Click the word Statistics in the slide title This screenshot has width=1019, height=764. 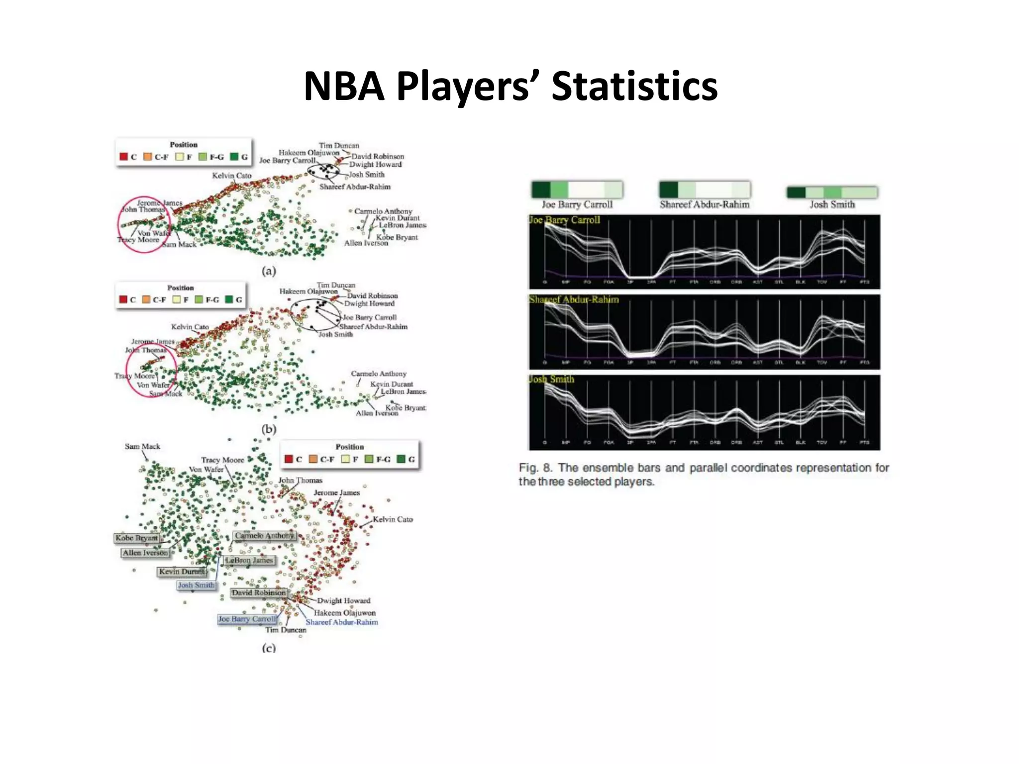coord(634,86)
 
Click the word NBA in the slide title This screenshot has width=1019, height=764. coord(344,86)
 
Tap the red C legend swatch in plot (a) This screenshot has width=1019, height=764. coord(123,157)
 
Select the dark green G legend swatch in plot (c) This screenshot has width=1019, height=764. coord(401,459)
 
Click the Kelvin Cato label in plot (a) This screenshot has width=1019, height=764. coord(231,176)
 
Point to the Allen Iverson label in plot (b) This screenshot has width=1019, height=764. coord(377,413)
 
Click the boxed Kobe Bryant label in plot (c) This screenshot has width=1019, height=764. coord(136,538)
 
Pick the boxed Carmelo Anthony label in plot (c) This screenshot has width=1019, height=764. coord(265,536)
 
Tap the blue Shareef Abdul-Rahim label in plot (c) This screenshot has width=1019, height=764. coord(342,622)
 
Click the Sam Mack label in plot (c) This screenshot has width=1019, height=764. coord(142,446)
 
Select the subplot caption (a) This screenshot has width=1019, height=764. coord(269,271)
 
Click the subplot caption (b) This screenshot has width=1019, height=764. coord(269,429)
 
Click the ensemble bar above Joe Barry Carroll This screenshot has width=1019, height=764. coord(577,190)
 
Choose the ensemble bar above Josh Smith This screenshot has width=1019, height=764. coord(832,192)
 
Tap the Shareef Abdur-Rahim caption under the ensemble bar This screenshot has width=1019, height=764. coord(705,204)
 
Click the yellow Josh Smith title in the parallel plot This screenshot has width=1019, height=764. coord(551,379)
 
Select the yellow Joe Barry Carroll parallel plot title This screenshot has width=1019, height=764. coord(564,220)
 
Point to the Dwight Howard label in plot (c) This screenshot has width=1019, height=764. coord(344,600)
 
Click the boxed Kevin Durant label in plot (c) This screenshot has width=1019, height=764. coord(182,572)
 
